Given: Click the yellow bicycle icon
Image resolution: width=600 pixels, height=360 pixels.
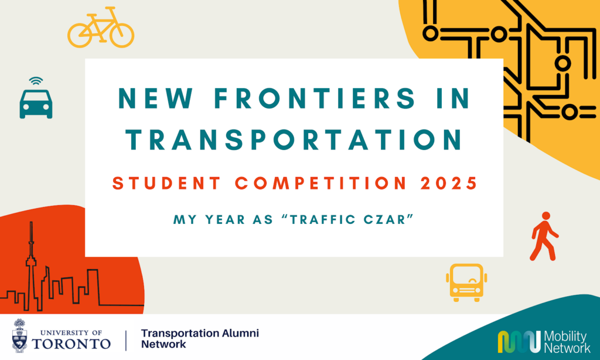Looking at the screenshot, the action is click(101, 27).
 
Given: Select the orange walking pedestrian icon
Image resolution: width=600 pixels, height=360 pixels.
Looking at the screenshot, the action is click(544, 236).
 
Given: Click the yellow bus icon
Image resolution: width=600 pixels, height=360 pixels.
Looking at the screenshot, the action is click(466, 283).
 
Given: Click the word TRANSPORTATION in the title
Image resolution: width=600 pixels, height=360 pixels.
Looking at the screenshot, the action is click(294, 140).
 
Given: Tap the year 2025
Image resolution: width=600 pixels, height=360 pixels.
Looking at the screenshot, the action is click(449, 183).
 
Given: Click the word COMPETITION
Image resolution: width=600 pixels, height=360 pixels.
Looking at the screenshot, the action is click(321, 183).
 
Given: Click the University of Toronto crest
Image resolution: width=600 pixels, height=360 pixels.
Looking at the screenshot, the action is click(19, 335).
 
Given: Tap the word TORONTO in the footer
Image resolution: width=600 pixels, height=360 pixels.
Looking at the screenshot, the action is click(71, 344).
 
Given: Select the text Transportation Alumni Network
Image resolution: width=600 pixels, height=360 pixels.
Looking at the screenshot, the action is click(200, 338).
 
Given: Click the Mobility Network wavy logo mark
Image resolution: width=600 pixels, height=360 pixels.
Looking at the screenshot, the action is click(519, 342).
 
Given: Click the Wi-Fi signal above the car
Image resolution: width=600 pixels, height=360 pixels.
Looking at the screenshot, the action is click(36, 81).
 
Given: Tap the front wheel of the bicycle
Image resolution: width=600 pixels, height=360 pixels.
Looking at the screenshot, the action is click(122, 35).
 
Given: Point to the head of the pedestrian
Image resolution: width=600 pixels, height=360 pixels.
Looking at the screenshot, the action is click(546, 216).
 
